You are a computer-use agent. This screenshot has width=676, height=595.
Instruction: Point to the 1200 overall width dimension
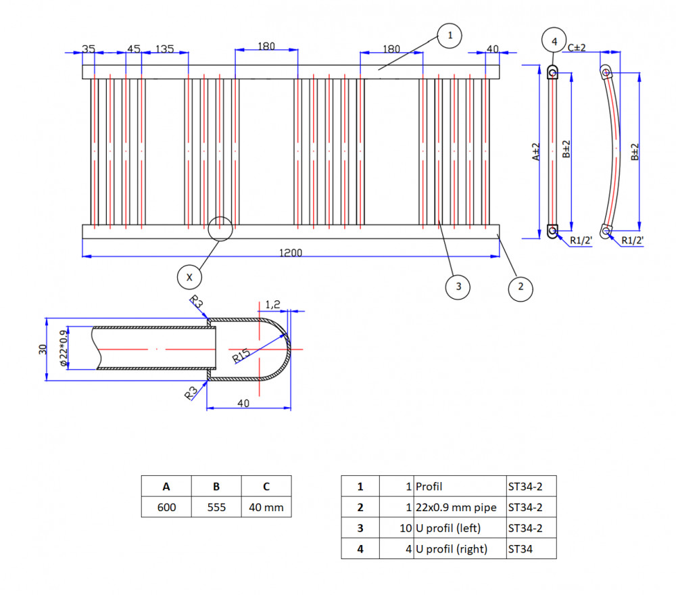pyautogui.click(x=291, y=253)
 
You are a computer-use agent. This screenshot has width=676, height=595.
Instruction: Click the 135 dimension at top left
pyautogui.click(x=165, y=49)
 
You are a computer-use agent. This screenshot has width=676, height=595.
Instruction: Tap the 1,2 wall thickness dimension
pyautogui.click(x=272, y=304)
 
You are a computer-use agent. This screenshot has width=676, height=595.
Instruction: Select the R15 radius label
pyautogui.click(x=241, y=356)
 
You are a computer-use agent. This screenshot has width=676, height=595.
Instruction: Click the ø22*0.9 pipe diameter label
pyautogui.click(x=64, y=348)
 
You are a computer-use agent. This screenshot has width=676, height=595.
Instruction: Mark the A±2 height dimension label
pyautogui.click(x=535, y=151)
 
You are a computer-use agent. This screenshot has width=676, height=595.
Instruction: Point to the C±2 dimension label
pyautogui.click(x=577, y=47)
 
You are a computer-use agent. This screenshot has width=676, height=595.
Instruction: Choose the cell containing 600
pyautogui.click(x=166, y=507)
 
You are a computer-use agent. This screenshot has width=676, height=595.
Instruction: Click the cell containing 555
pyautogui.click(x=216, y=507)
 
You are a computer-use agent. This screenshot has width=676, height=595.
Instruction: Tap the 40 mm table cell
pyautogui.click(x=266, y=507)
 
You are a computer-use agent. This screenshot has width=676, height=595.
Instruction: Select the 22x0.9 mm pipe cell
pyautogui.click(x=460, y=507)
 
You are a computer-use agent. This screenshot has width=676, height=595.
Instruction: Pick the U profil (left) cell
pyautogui.click(x=460, y=528)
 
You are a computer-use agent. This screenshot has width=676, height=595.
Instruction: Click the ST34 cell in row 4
pyautogui.click(x=531, y=548)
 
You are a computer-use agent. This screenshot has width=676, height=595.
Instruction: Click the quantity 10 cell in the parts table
pyautogui.click(x=397, y=528)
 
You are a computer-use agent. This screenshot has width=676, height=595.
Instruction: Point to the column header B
pyautogui.click(x=216, y=486)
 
